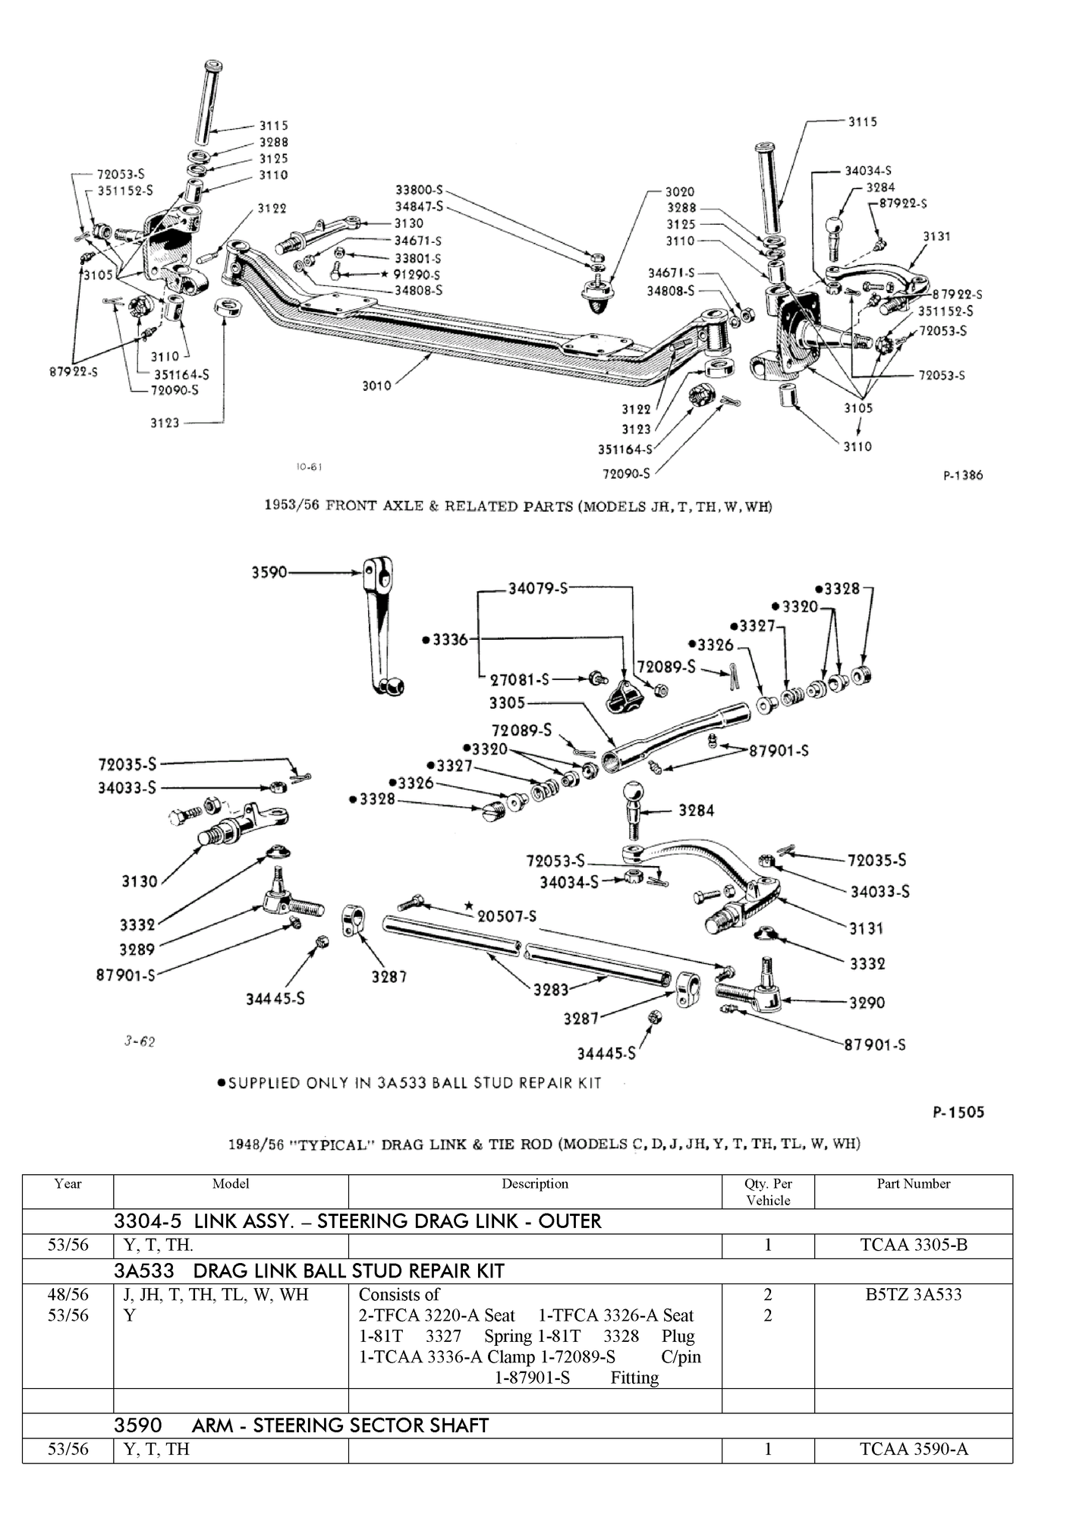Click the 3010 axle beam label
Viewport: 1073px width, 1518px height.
point(376,386)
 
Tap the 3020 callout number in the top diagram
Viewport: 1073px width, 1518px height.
point(679,192)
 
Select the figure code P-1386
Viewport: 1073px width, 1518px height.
point(963,475)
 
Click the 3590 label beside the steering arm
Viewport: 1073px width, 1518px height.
point(269,572)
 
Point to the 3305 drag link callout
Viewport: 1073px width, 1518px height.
point(507,703)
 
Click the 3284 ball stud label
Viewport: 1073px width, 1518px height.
point(696,811)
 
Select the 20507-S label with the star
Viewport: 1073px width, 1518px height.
point(505,916)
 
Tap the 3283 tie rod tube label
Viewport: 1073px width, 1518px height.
point(550,990)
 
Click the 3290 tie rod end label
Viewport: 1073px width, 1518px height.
point(867,1003)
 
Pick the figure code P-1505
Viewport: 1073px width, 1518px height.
point(958,1112)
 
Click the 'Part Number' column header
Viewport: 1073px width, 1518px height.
point(913,1183)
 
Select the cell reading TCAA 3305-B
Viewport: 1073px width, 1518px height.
point(913,1245)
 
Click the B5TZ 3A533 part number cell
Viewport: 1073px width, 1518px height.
point(913,1295)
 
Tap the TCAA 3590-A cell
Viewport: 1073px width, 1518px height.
point(913,1449)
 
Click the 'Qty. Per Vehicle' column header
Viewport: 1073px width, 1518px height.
point(767,1192)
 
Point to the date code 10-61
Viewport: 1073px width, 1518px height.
point(309,467)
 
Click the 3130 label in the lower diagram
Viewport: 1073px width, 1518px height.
point(140,881)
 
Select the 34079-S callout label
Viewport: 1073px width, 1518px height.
point(537,588)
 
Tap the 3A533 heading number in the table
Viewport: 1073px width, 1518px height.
point(144,1271)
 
